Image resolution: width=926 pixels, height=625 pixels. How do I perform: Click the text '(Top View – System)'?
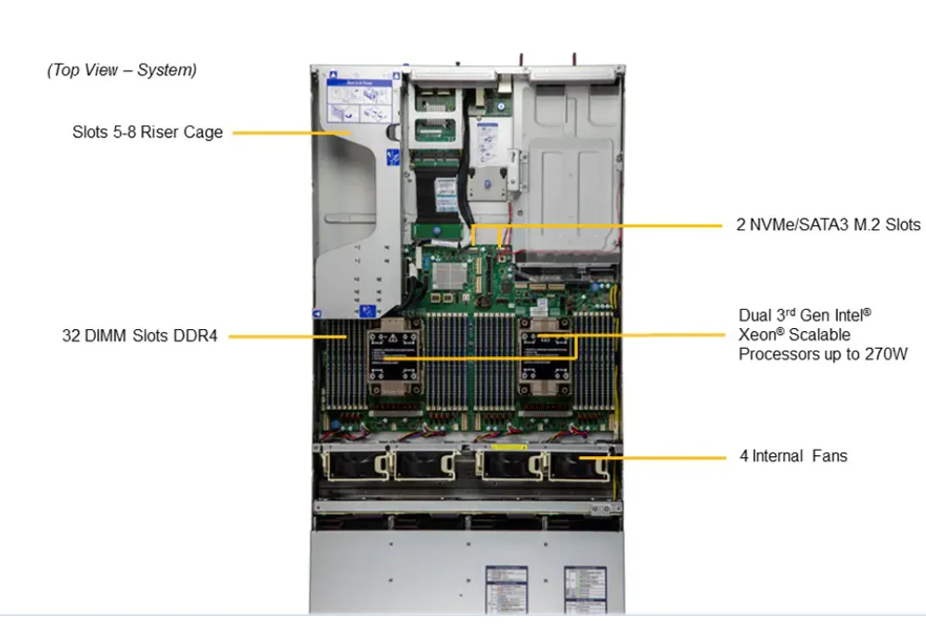(122, 70)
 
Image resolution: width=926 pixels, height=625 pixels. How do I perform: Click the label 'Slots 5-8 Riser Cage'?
(148, 133)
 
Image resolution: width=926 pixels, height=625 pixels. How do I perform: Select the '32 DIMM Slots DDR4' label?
(140, 336)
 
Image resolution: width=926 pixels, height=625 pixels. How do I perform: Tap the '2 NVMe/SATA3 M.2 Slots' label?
(828, 225)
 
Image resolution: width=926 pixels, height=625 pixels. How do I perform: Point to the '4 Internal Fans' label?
(792, 456)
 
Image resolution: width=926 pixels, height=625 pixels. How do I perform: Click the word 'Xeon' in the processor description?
(757, 335)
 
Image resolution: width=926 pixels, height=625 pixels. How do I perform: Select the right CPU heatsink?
(545, 356)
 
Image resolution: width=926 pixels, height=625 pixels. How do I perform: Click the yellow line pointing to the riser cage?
(288, 133)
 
